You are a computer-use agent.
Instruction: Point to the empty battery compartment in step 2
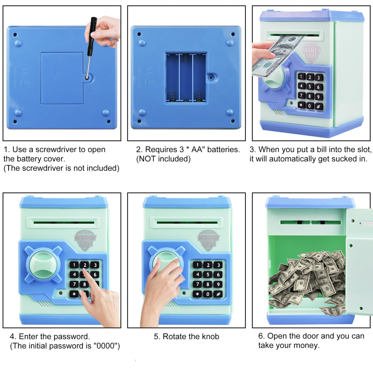click(x=186, y=78)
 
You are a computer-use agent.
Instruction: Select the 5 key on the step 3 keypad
click(x=310, y=86)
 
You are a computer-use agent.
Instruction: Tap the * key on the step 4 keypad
click(x=74, y=294)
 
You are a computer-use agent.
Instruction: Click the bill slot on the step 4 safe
click(x=64, y=223)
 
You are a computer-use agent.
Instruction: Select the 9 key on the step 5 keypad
click(x=218, y=284)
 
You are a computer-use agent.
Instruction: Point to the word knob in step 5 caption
click(x=211, y=336)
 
